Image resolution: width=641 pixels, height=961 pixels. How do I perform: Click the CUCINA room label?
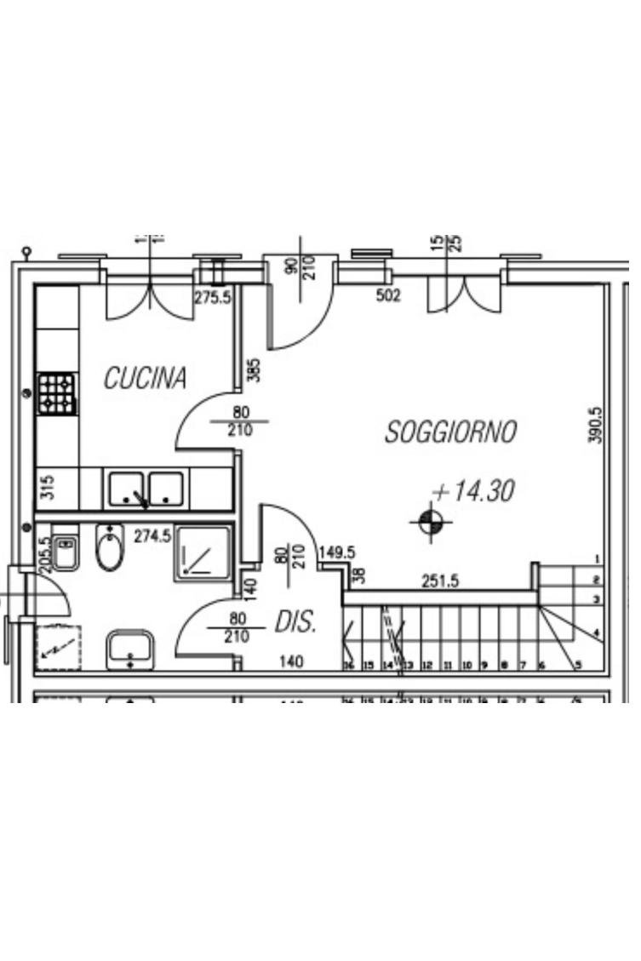(x=145, y=378)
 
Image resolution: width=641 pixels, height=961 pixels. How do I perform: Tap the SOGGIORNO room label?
(x=450, y=432)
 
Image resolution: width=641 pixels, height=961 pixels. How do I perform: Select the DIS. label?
(x=295, y=623)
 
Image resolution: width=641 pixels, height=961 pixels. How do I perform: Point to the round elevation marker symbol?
(x=431, y=522)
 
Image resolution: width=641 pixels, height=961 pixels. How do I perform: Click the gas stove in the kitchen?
(x=57, y=394)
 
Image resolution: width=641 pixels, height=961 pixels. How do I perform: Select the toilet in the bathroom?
(x=109, y=548)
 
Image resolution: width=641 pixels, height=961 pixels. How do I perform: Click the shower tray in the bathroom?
(x=203, y=554)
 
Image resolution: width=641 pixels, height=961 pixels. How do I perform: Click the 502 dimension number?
(x=388, y=296)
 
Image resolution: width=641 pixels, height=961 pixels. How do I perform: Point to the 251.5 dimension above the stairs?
(x=441, y=581)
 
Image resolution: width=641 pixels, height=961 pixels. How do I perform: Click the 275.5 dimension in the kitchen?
(x=213, y=297)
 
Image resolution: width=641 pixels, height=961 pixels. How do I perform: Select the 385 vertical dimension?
(x=253, y=369)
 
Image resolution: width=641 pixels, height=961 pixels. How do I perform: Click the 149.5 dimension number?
(x=336, y=553)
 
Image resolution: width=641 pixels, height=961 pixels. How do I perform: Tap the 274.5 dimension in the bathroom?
(x=153, y=536)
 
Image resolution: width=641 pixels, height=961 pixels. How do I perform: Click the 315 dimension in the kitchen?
(x=48, y=488)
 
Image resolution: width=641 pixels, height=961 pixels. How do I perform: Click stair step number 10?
(x=466, y=665)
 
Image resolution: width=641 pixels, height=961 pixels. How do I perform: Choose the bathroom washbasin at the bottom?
(x=130, y=649)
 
